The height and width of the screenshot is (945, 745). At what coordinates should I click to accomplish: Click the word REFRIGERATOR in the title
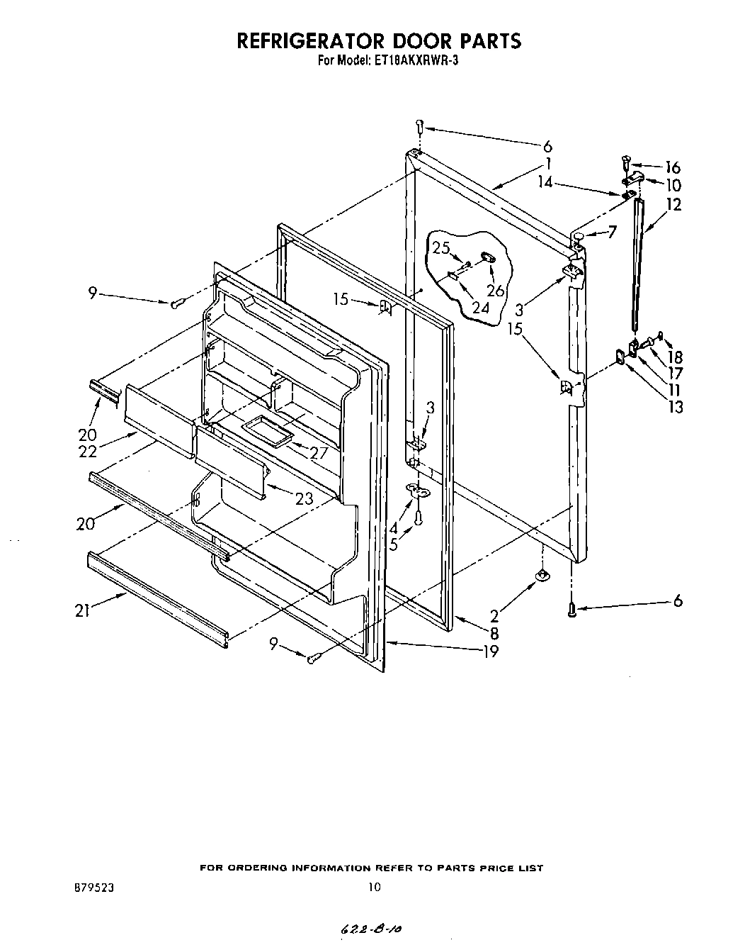tap(313, 40)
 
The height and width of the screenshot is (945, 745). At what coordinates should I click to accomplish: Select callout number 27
tap(319, 452)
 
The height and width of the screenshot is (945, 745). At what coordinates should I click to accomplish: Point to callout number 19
tap(490, 652)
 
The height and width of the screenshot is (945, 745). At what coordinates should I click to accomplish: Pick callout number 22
tap(87, 452)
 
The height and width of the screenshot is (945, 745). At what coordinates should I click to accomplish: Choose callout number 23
tap(305, 498)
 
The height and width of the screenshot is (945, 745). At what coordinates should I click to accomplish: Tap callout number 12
tap(673, 205)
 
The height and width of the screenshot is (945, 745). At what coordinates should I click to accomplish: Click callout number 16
tap(672, 167)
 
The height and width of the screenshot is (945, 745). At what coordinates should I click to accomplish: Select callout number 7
tap(612, 232)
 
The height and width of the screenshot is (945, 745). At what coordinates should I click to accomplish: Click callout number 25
tap(441, 248)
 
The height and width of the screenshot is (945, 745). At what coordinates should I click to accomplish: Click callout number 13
tap(676, 407)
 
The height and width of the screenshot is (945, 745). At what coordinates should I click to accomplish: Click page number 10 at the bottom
tap(375, 887)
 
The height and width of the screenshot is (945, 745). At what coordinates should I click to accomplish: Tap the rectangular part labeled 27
tap(267, 430)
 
